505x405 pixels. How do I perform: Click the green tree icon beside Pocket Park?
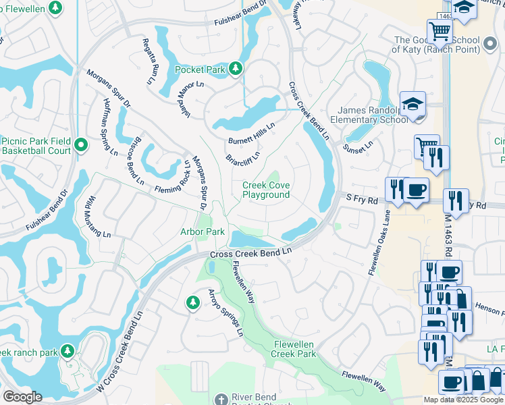click(x=235, y=68)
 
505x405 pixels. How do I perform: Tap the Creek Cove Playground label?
click(x=266, y=190)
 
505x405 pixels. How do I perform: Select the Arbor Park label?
click(x=203, y=232)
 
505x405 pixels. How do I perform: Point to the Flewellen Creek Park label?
click(x=294, y=349)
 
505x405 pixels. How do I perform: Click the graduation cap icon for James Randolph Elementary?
click(x=413, y=105)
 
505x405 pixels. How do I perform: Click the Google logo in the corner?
click(x=22, y=397)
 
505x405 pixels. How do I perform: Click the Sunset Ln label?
click(x=357, y=146)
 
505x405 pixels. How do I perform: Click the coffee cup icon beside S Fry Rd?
click(x=417, y=189)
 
